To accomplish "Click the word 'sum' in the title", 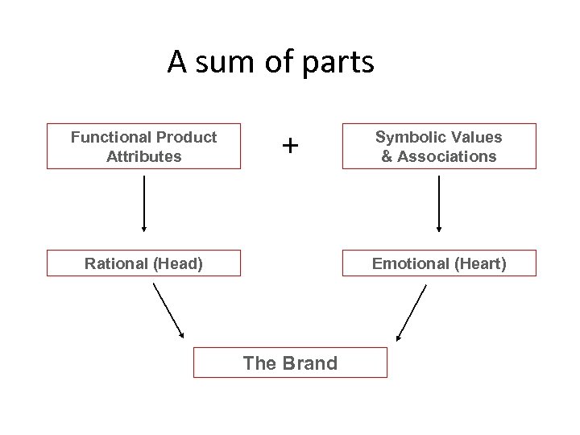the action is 225,63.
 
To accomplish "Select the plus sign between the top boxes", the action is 290,145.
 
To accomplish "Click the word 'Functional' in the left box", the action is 110,137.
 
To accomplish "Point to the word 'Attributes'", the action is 144,156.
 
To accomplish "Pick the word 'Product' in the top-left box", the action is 186,137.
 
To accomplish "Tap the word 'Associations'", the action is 447,156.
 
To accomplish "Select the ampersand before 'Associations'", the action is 387,156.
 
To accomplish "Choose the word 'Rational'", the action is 116,263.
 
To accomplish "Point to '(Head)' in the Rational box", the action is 178,264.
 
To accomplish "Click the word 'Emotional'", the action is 410,263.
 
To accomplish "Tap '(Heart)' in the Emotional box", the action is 480,264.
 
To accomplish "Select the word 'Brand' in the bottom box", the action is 310,363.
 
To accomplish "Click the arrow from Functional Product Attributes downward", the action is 144,204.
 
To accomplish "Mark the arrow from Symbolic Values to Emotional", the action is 439,204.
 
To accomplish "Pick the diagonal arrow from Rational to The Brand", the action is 168,311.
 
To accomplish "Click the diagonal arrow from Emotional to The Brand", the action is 412,313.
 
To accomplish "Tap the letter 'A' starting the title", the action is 176,62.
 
